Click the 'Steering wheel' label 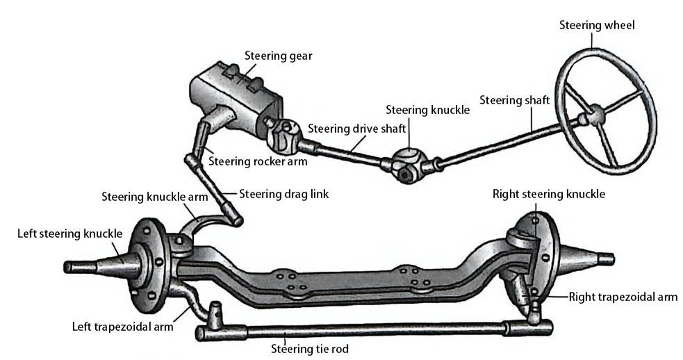597,26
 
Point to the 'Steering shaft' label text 514,101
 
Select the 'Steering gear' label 278,56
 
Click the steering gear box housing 236,94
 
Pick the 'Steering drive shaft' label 356,129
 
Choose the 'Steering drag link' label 283,194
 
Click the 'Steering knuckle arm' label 154,197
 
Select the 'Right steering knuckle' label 548,194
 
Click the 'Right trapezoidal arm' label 623,297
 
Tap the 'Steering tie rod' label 309,347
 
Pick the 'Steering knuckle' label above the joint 427,110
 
